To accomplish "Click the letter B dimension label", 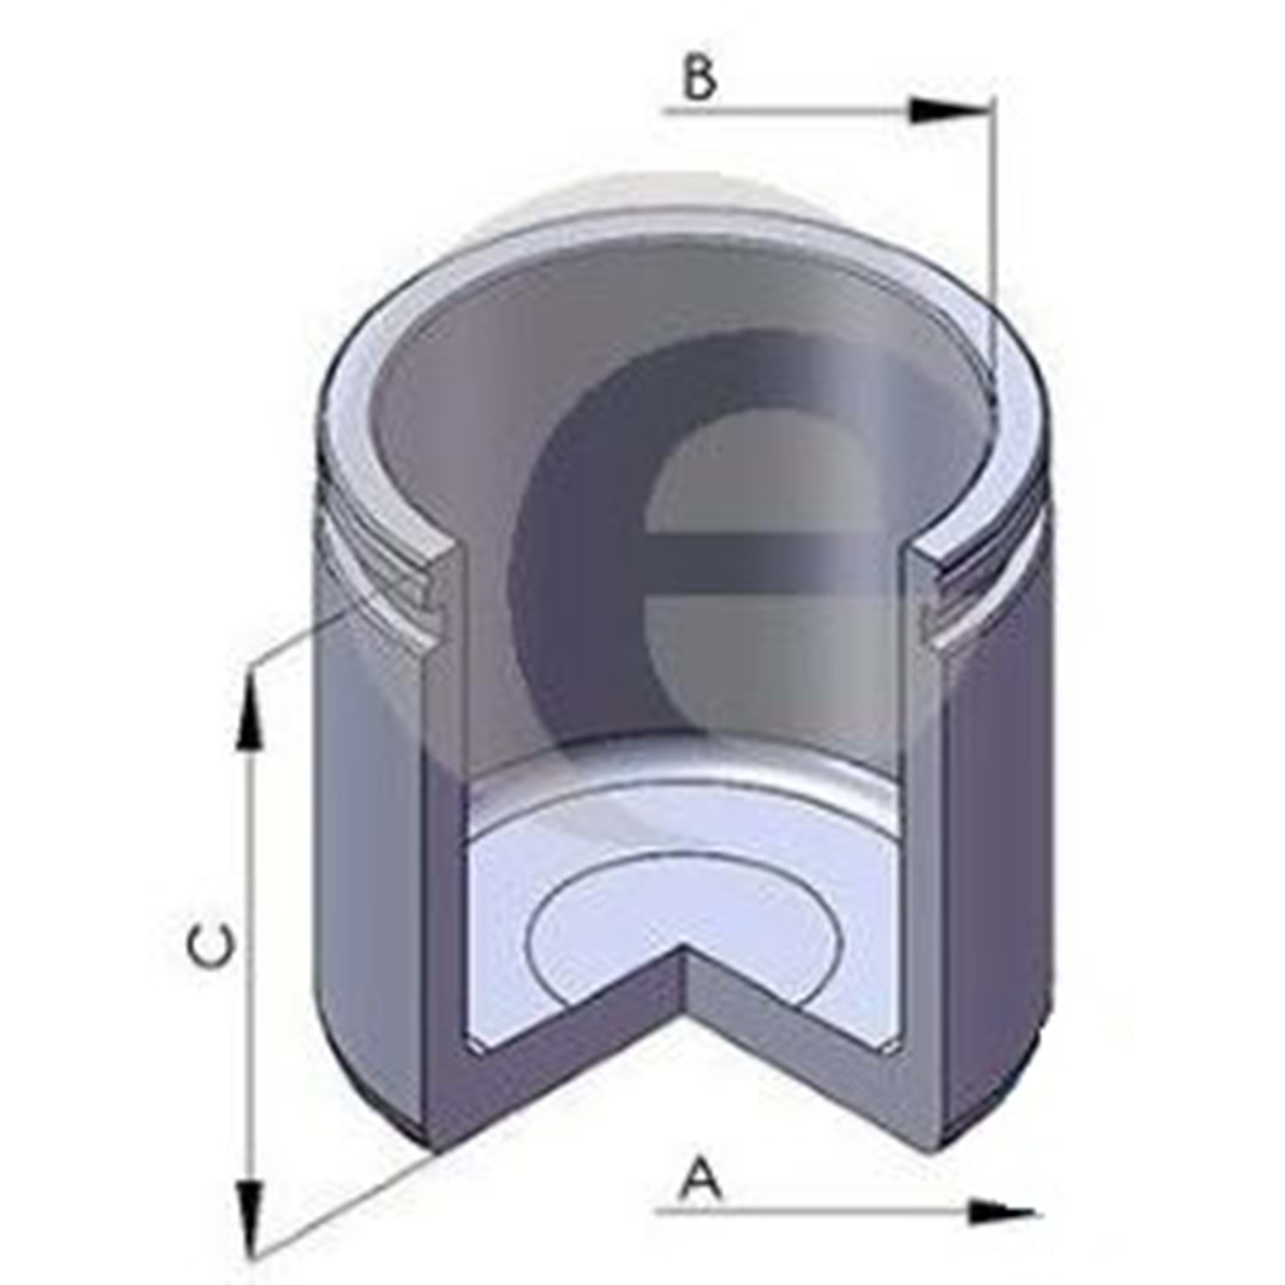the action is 700,80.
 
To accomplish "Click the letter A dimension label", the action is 701,1179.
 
